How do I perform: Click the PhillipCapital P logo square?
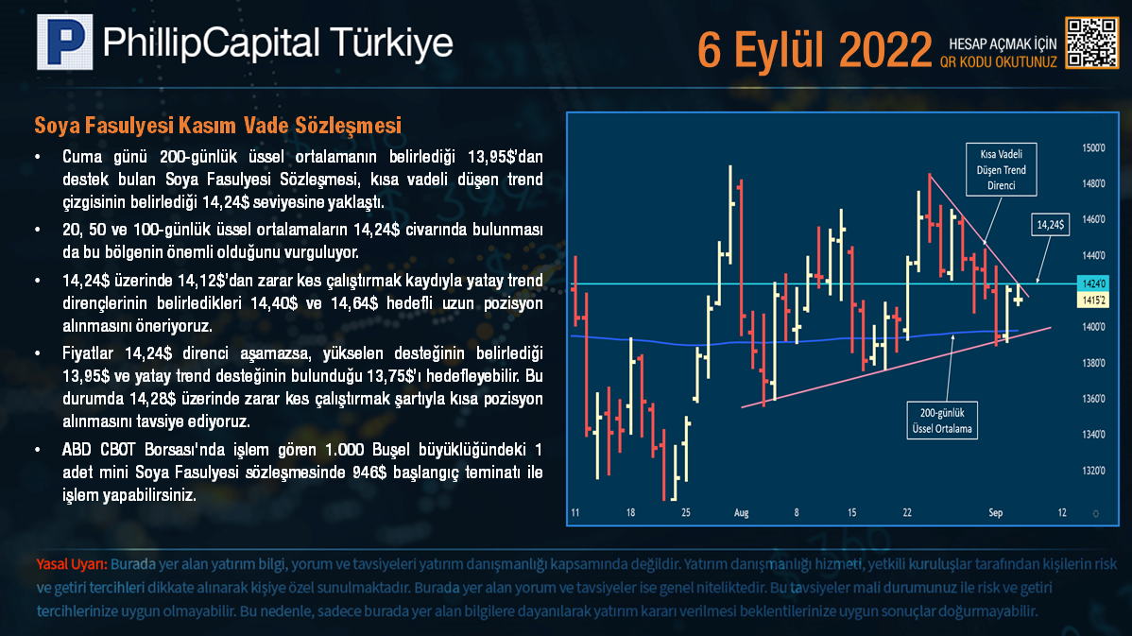[65, 42]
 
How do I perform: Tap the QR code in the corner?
[1091, 43]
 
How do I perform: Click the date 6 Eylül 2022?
[815, 50]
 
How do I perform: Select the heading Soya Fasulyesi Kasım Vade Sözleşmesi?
[218, 126]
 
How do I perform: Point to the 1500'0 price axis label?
[1094, 148]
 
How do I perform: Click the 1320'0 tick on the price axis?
[1094, 471]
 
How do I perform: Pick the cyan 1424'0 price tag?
[1092, 284]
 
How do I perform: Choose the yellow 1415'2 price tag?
[1092, 301]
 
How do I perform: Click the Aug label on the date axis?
[742, 512]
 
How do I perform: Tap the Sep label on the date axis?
[996, 512]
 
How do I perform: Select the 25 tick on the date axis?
[686, 512]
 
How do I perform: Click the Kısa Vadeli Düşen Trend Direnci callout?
[1002, 170]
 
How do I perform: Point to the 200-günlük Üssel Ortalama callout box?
[942, 421]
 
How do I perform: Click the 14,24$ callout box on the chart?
[1051, 225]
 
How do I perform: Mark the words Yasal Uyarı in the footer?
[72, 564]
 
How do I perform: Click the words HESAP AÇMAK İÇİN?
[1003, 44]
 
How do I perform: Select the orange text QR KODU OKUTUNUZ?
[999, 62]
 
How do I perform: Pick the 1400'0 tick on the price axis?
[1094, 327]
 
